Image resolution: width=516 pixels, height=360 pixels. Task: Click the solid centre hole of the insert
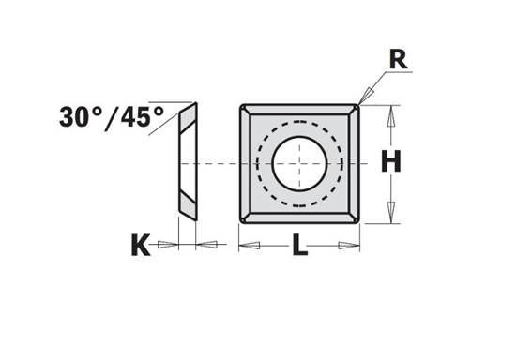(x=299, y=162)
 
